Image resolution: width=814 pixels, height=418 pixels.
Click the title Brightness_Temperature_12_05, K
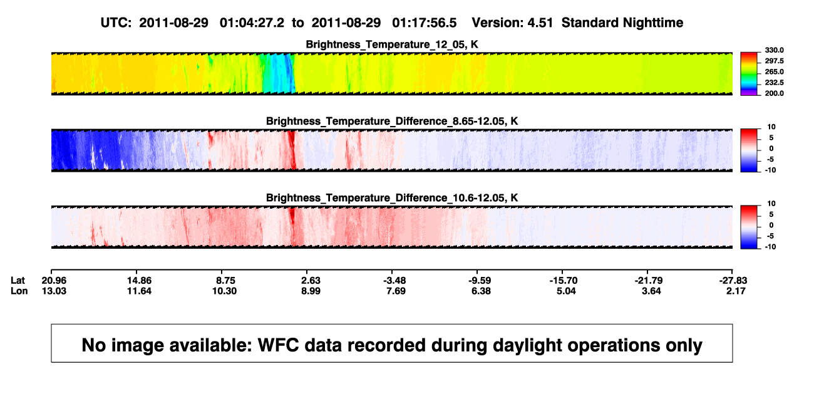[x=392, y=44]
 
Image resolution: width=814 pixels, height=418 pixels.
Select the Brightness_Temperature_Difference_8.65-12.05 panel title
[x=392, y=121]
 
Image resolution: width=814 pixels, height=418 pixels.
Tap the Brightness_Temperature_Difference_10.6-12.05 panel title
[x=392, y=198]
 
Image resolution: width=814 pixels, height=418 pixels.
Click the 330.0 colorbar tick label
[x=774, y=50]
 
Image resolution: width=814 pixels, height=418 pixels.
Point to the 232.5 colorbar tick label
[x=774, y=83]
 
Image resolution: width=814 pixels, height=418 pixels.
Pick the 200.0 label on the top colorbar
[x=774, y=93]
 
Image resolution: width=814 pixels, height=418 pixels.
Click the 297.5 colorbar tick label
[x=774, y=61]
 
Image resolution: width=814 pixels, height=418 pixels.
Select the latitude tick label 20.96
[x=54, y=281]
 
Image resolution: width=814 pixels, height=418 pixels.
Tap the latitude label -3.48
[x=394, y=281]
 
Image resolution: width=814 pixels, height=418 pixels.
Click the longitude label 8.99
[x=311, y=291]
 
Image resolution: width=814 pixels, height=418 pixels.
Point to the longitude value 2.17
[x=736, y=291]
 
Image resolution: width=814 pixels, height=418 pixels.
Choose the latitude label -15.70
[x=564, y=281]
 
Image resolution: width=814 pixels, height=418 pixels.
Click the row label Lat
[x=18, y=281]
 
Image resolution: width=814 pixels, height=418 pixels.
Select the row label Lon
[x=19, y=291]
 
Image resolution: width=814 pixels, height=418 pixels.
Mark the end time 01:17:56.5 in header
[x=425, y=23]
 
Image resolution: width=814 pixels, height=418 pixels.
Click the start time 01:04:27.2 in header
[x=252, y=23]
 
